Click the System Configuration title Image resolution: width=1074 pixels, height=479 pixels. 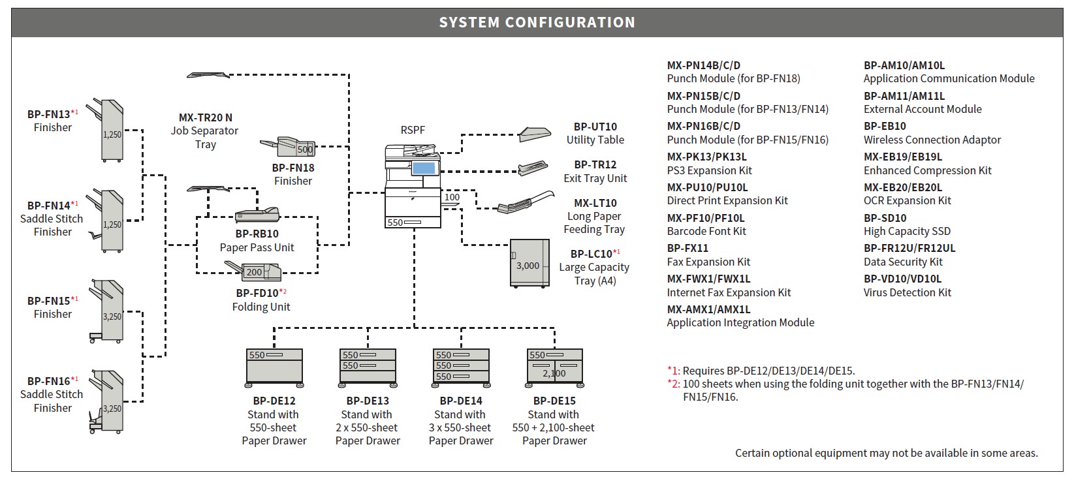pyautogui.click(x=537, y=22)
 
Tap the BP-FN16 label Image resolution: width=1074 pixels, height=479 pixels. pyautogui.click(x=49, y=381)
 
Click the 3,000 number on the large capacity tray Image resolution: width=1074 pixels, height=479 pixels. pyautogui.click(x=528, y=266)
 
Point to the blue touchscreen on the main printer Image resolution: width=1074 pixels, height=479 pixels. pyautogui.click(x=423, y=168)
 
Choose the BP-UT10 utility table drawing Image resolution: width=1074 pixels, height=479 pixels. pyautogui.click(x=535, y=134)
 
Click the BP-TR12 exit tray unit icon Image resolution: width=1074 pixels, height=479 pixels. pyautogui.click(x=533, y=168)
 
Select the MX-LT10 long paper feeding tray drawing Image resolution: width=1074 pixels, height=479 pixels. pyautogui.click(x=526, y=202)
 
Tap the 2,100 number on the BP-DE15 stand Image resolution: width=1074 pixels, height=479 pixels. pyautogui.click(x=554, y=373)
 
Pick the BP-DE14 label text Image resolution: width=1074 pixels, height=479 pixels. pyautogui.click(x=461, y=401)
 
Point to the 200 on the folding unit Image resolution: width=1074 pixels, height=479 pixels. pyautogui.click(x=254, y=272)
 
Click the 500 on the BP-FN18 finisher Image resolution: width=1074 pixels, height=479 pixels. pyautogui.click(x=305, y=149)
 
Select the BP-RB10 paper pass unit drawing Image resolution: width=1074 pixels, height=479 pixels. pyautogui.click(x=257, y=216)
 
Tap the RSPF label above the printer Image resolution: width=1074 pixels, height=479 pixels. pyautogui.click(x=413, y=130)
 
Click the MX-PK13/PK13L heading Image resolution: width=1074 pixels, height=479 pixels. pyautogui.click(x=706, y=157)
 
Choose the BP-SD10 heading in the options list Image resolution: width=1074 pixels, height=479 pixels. pyautogui.click(x=885, y=218)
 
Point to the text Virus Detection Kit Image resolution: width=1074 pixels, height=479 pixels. pyautogui.click(x=907, y=292)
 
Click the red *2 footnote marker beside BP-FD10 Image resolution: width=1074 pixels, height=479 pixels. pyautogui.click(x=283, y=292)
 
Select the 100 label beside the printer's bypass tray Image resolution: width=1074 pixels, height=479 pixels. pyautogui.click(x=452, y=197)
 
